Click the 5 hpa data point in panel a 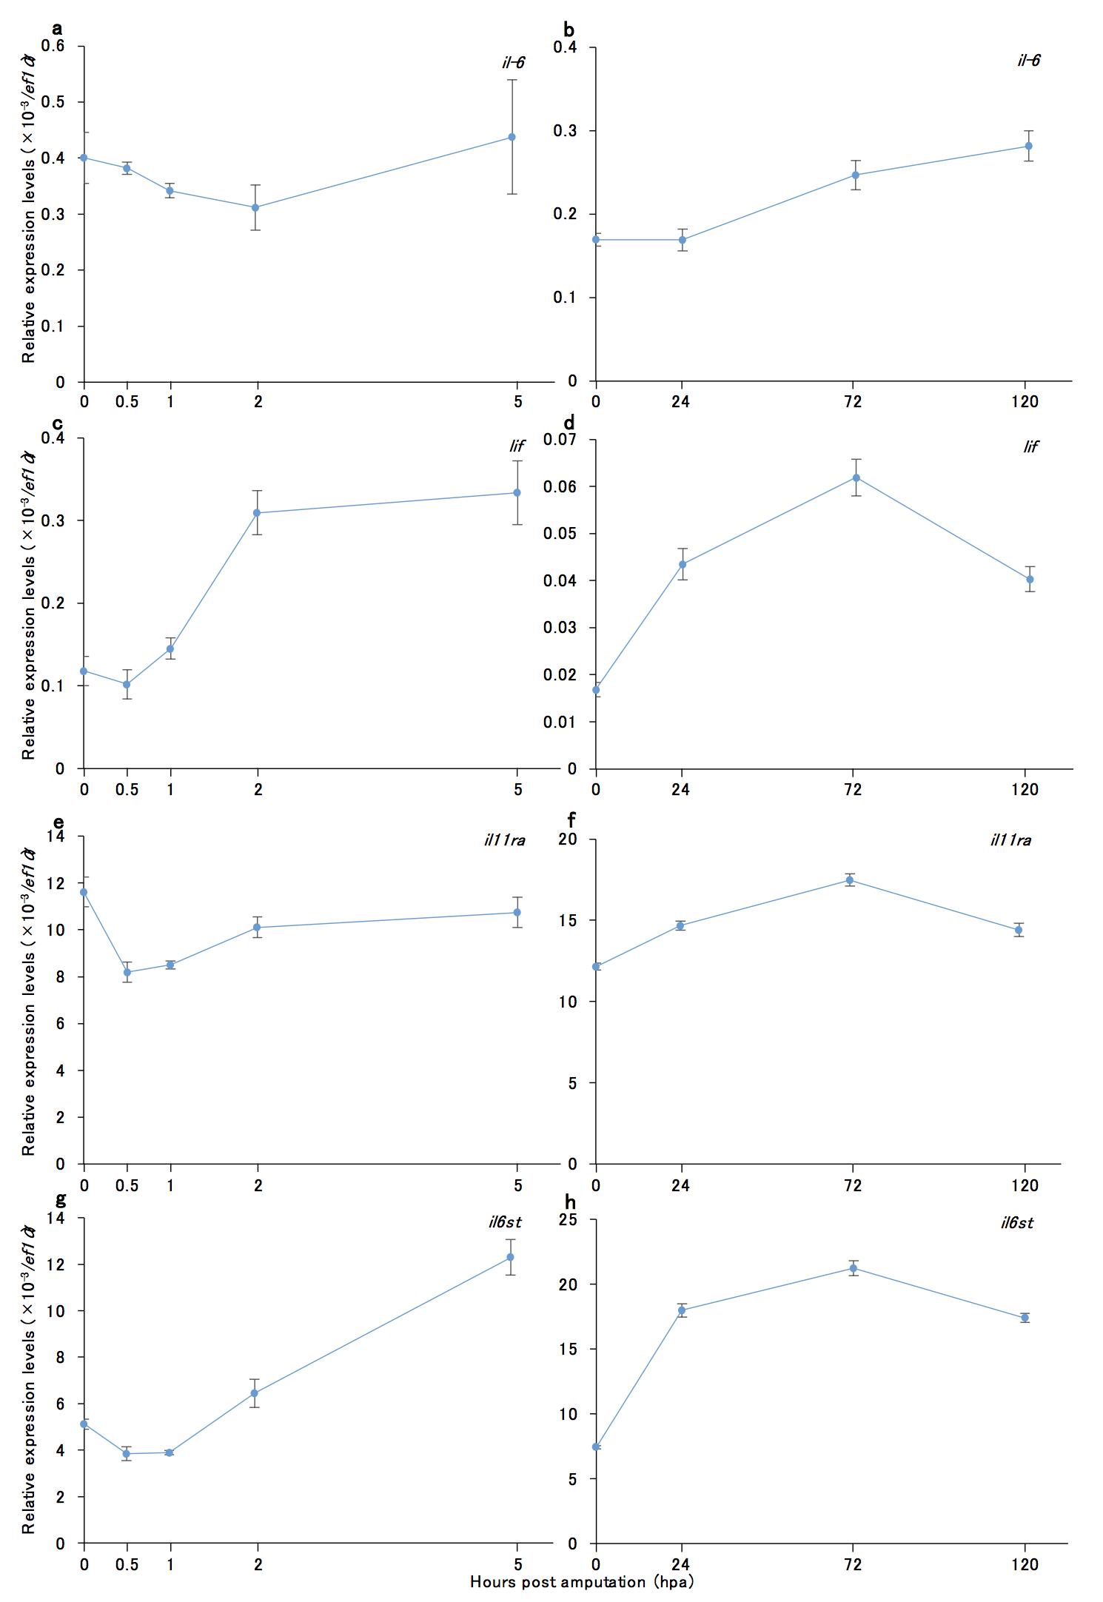[x=512, y=137]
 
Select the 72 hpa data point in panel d [x=856, y=477]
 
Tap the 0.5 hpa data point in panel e [x=127, y=972]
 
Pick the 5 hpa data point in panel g [x=510, y=1257]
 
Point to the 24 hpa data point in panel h [x=682, y=1310]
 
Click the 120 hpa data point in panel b [x=1028, y=146]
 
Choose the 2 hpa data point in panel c [x=257, y=513]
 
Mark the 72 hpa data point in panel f [x=850, y=880]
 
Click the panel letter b [x=569, y=30]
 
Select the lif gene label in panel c [x=516, y=446]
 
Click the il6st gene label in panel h [x=1016, y=1223]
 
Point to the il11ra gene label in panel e [x=504, y=840]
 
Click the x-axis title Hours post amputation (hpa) [x=582, y=1582]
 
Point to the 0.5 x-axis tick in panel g [x=127, y=1564]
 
